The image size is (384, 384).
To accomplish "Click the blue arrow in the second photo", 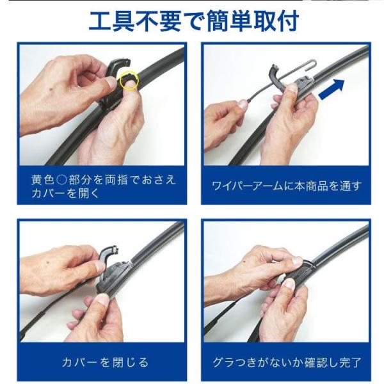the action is click(332, 90).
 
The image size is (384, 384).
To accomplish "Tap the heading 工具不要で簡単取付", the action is click(194, 21).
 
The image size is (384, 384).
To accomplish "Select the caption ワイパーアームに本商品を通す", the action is click(286, 186).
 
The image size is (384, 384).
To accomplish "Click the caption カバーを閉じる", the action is click(106, 362).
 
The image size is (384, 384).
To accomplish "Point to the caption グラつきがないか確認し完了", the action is click(287, 362).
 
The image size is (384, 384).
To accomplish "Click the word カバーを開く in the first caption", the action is click(65, 193).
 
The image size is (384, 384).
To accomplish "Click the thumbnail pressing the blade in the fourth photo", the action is click(289, 285).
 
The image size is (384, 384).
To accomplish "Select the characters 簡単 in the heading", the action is click(230, 21).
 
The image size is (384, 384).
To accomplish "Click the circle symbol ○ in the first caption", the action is click(61, 180).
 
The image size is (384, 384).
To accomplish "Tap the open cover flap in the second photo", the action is click(276, 76).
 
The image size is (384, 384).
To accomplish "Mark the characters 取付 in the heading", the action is click(276, 21).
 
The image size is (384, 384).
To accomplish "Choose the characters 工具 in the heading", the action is click(111, 21).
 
